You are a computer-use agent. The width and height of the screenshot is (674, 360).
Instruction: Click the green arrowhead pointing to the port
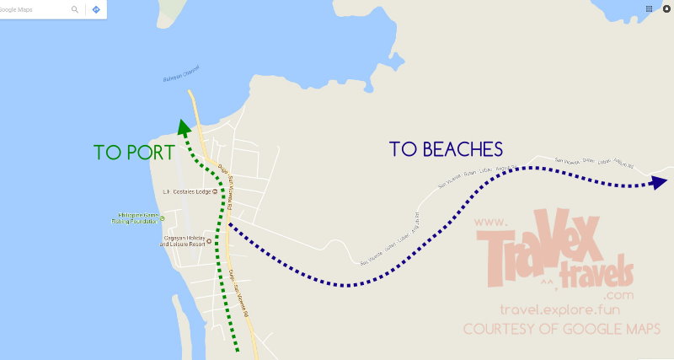pos(180,127)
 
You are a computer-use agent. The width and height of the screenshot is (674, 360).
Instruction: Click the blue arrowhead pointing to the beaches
pos(656,183)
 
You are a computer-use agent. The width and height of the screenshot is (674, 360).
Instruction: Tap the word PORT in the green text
pos(149,153)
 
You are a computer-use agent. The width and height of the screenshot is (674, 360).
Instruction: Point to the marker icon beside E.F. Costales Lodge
pos(215,191)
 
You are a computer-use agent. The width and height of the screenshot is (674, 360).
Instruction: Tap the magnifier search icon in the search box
pos(75,9)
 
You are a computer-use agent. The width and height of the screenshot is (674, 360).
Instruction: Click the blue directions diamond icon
pos(96,9)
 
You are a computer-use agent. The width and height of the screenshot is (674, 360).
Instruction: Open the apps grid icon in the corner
pos(649,8)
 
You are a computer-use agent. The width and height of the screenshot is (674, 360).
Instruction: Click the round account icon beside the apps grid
pos(666,8)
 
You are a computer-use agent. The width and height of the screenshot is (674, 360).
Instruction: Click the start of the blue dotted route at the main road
pos(229,226)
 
